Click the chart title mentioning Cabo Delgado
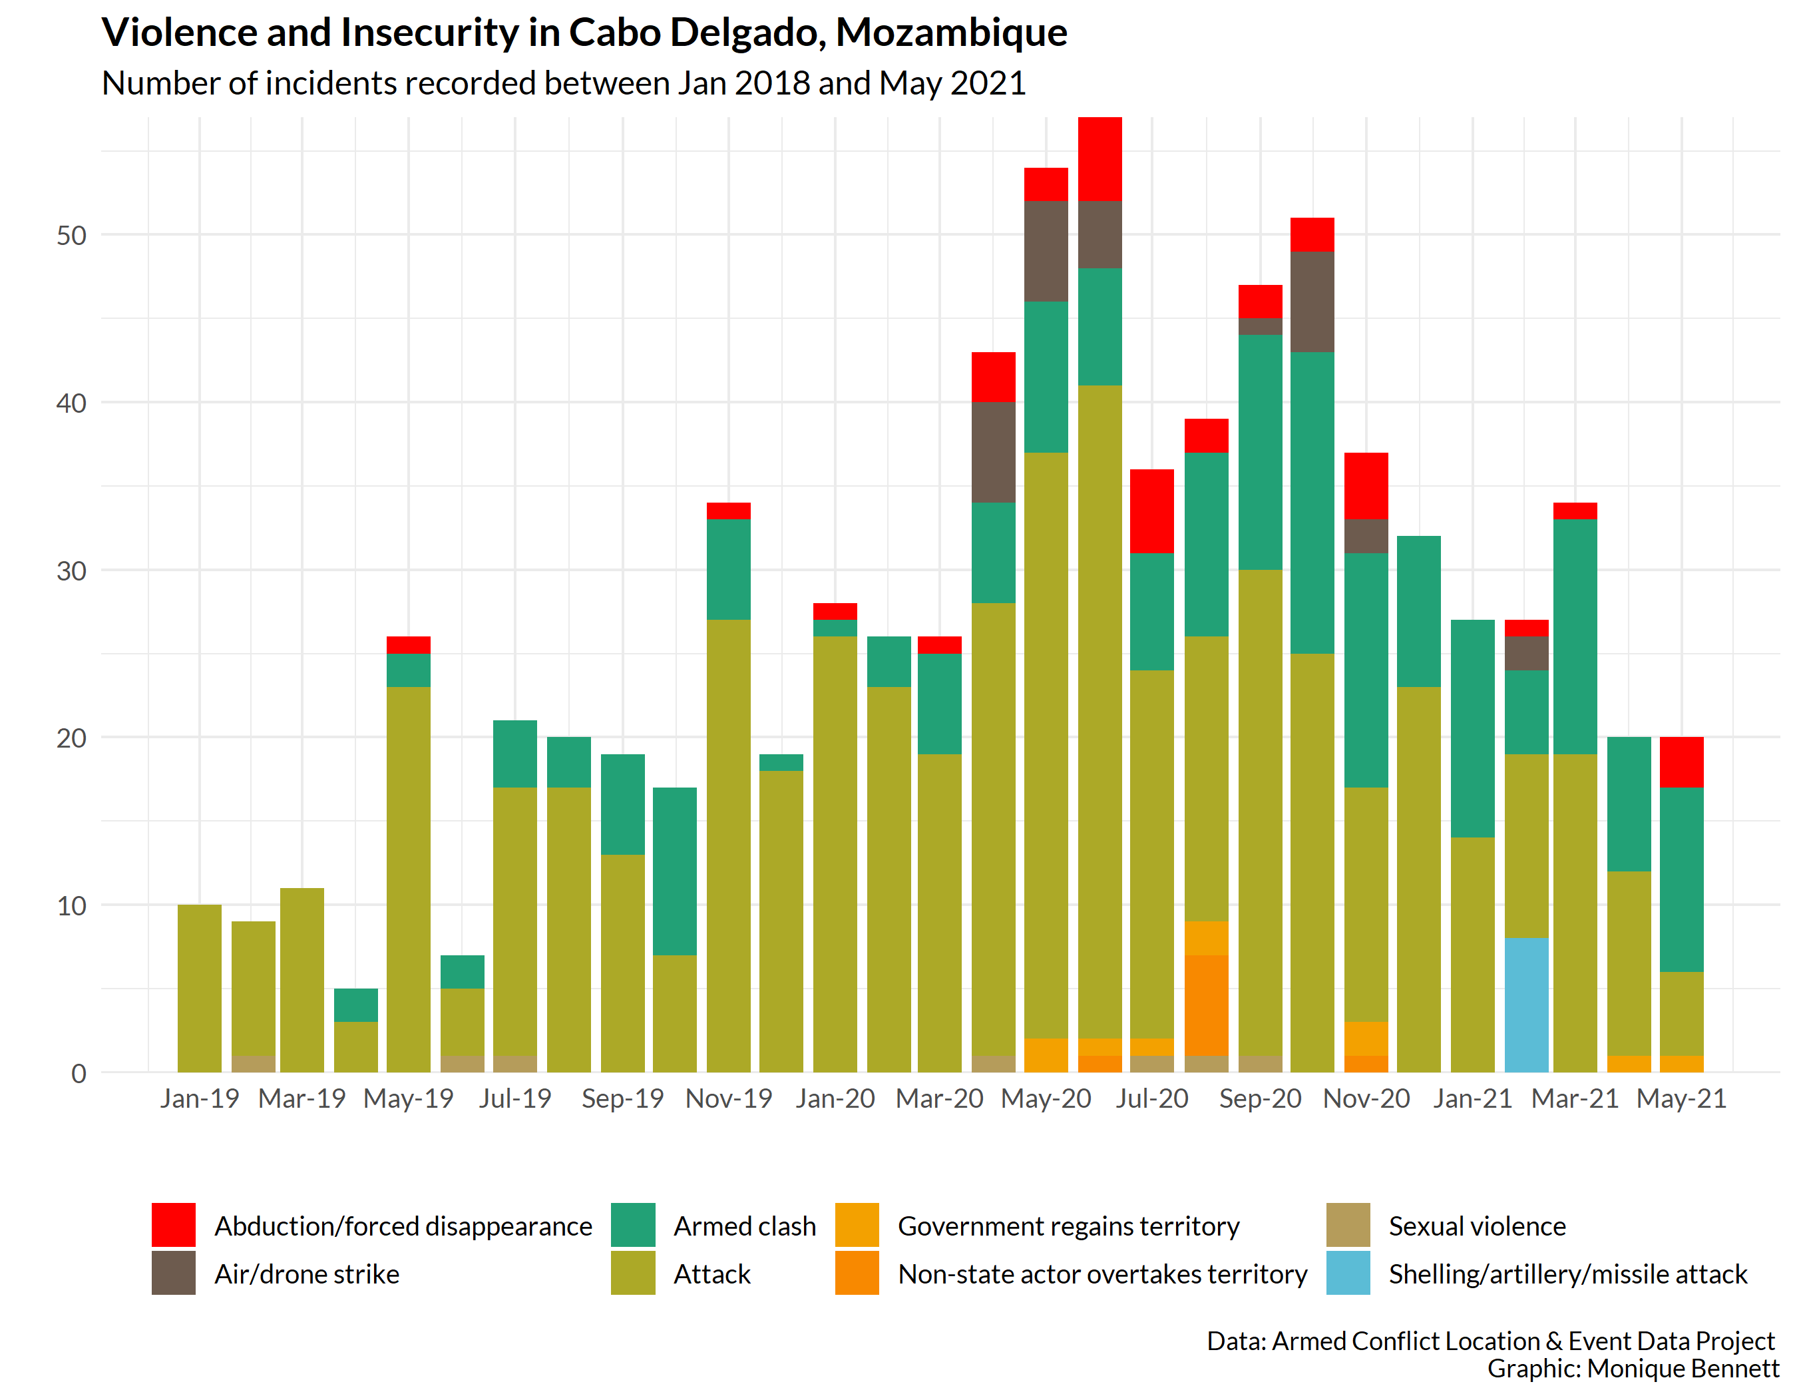584,33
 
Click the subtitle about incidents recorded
564,84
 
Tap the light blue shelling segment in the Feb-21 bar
1526,1005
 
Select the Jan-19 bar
199,988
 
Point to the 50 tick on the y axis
72,236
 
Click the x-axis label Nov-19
728,1099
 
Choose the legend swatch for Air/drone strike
174,1273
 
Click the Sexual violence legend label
1477,1226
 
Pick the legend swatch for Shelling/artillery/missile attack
1348,1273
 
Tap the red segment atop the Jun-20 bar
1100,159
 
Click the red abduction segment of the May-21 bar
1681,763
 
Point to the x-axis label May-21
1681,1099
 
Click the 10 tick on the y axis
72,906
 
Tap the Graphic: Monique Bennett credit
1633,1369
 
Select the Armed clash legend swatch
633,1225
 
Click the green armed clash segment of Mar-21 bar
1575,636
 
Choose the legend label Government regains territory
1068,1226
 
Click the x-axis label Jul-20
1152,1099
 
